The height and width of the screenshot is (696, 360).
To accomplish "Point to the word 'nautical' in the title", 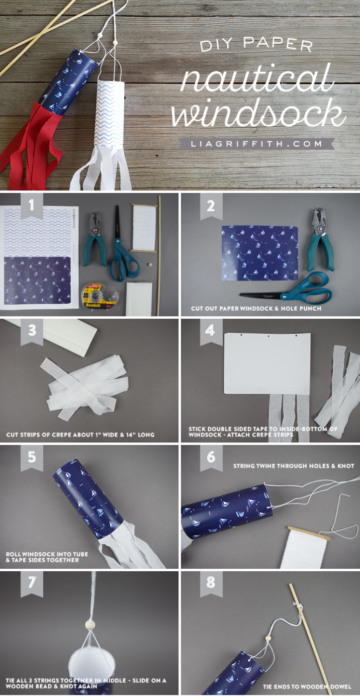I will [257, 82].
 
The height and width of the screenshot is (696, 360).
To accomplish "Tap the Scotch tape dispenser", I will [99, 295].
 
